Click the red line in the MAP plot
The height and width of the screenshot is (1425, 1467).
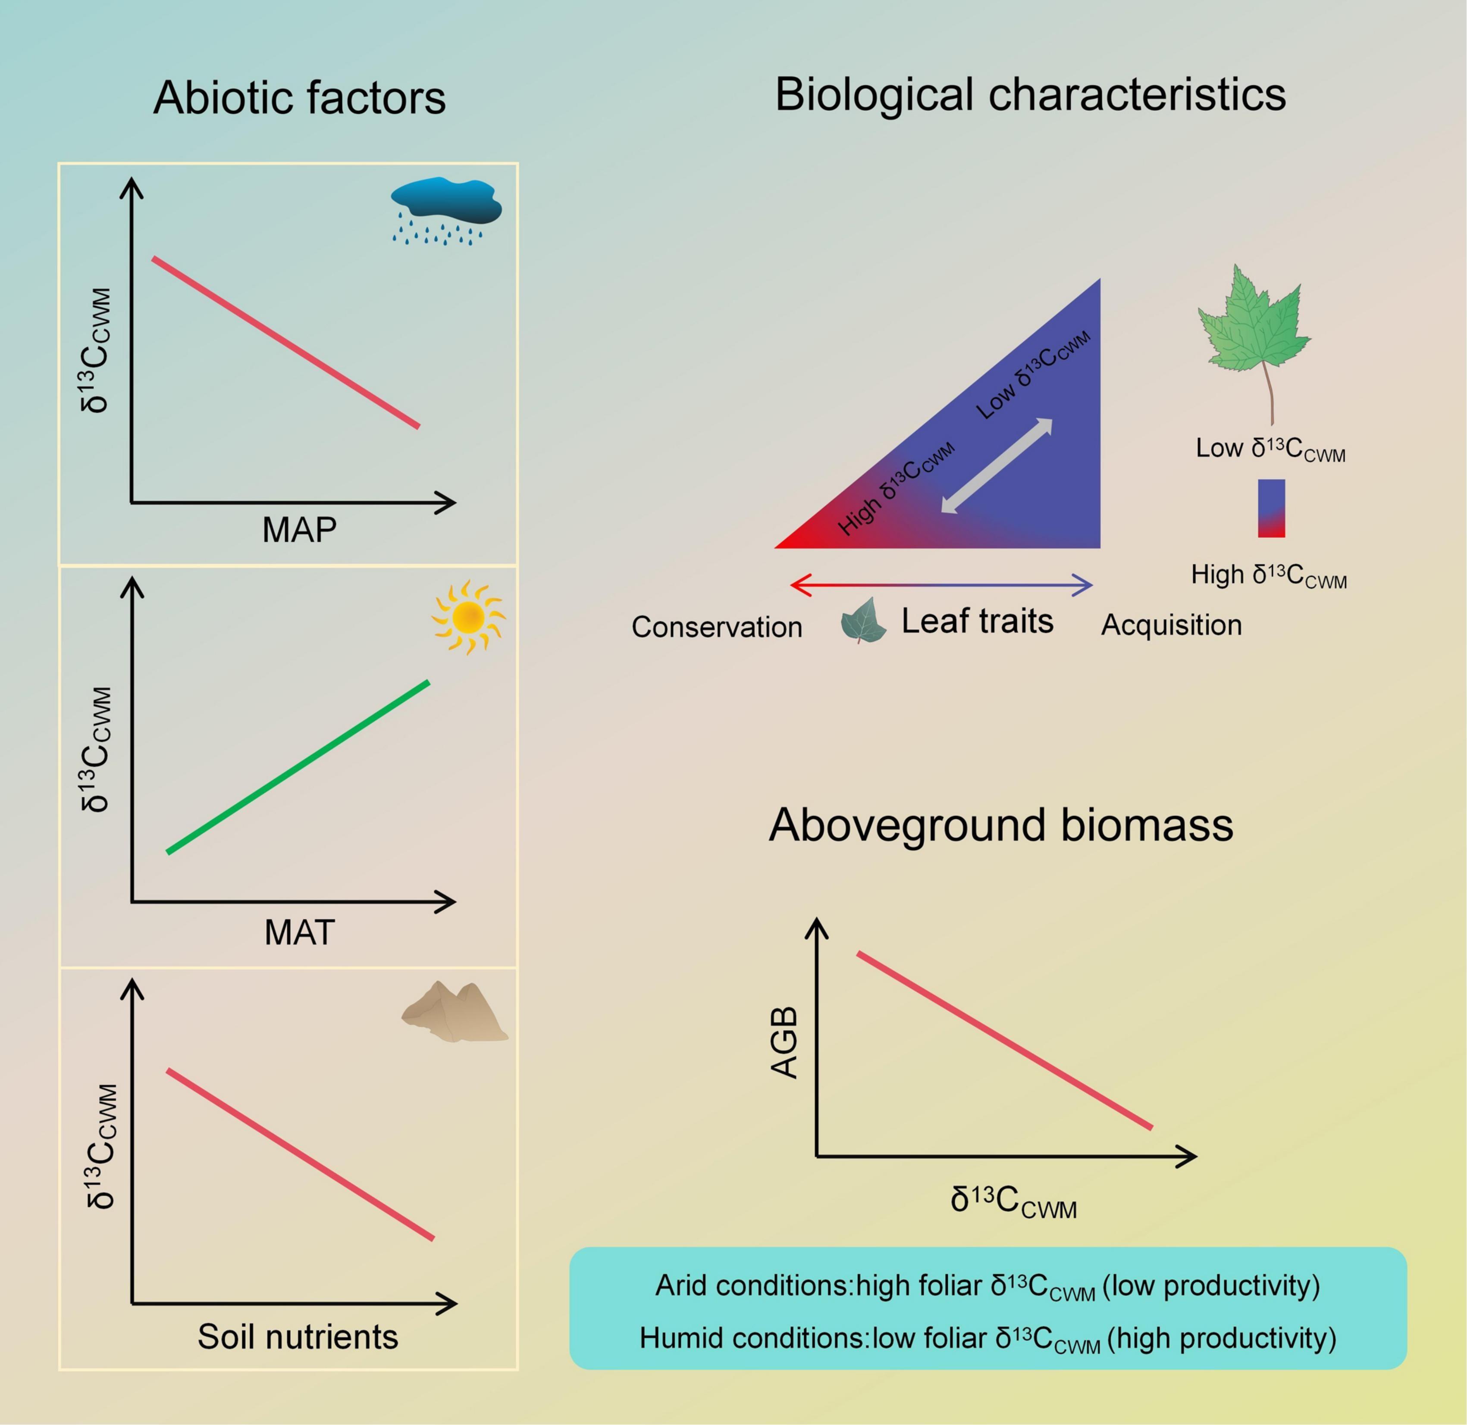(x=285, y=343)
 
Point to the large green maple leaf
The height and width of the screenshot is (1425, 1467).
(x=1255, y=325)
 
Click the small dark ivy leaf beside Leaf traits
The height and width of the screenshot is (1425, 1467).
(x=863, y=620)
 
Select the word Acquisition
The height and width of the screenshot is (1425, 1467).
(x=1171, y=625)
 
